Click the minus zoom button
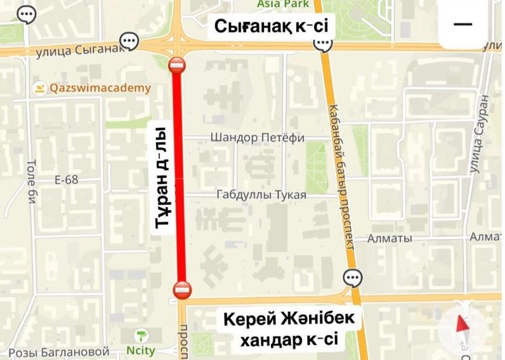tap(463, 24)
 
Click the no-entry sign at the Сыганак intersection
tap(176, 65)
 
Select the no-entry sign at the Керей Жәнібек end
tap(181, 289)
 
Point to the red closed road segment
tap(179, 177)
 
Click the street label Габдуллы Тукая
tap(261, 195)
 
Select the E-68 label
tap(66, 179)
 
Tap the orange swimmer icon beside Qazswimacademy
tap(40, 88)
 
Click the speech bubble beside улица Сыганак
tap(129, 42)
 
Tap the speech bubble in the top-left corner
tap(27, 14)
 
